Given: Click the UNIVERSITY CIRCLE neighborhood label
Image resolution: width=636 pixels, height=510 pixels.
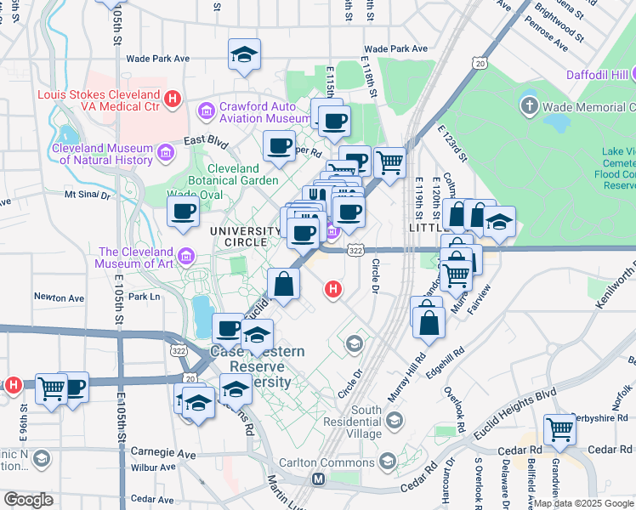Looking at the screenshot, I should (x=245, y=237).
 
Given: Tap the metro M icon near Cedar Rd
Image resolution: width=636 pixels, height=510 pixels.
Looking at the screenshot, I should (x=319, y=479).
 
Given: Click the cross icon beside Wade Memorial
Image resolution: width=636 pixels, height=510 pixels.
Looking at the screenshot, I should (x=529, y=106).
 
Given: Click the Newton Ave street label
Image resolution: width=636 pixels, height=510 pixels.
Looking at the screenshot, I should (x=59, y=297).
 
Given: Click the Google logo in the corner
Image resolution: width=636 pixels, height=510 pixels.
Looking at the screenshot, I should (x=28, y=499).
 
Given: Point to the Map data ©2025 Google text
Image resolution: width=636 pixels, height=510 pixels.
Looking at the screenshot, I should (x=583, y=503).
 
